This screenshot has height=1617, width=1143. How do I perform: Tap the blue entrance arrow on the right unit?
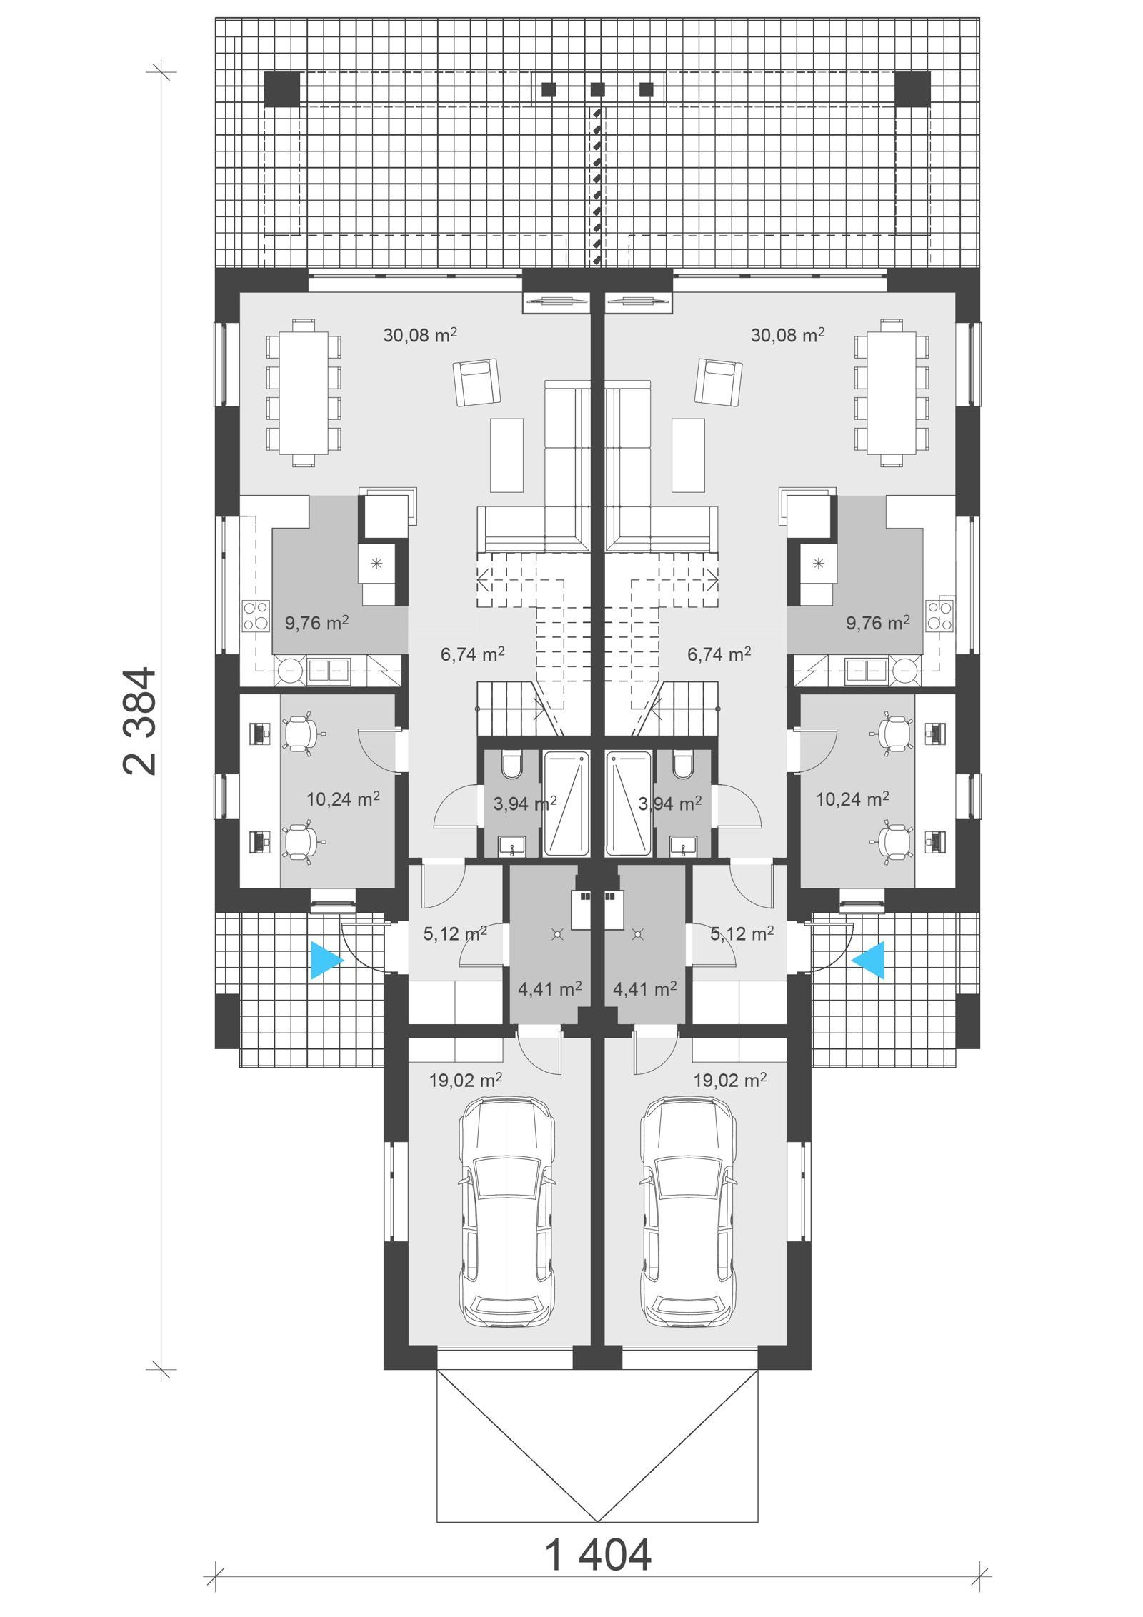869,959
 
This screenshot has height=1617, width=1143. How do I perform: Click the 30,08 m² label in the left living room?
420,334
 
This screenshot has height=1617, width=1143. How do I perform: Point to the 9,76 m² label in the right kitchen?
878,623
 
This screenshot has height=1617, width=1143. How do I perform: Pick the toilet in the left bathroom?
512,766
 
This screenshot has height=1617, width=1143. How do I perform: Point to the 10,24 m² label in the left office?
343,799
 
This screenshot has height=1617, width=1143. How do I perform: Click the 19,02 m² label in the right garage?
730,1080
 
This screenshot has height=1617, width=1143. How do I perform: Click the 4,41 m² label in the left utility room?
549,989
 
